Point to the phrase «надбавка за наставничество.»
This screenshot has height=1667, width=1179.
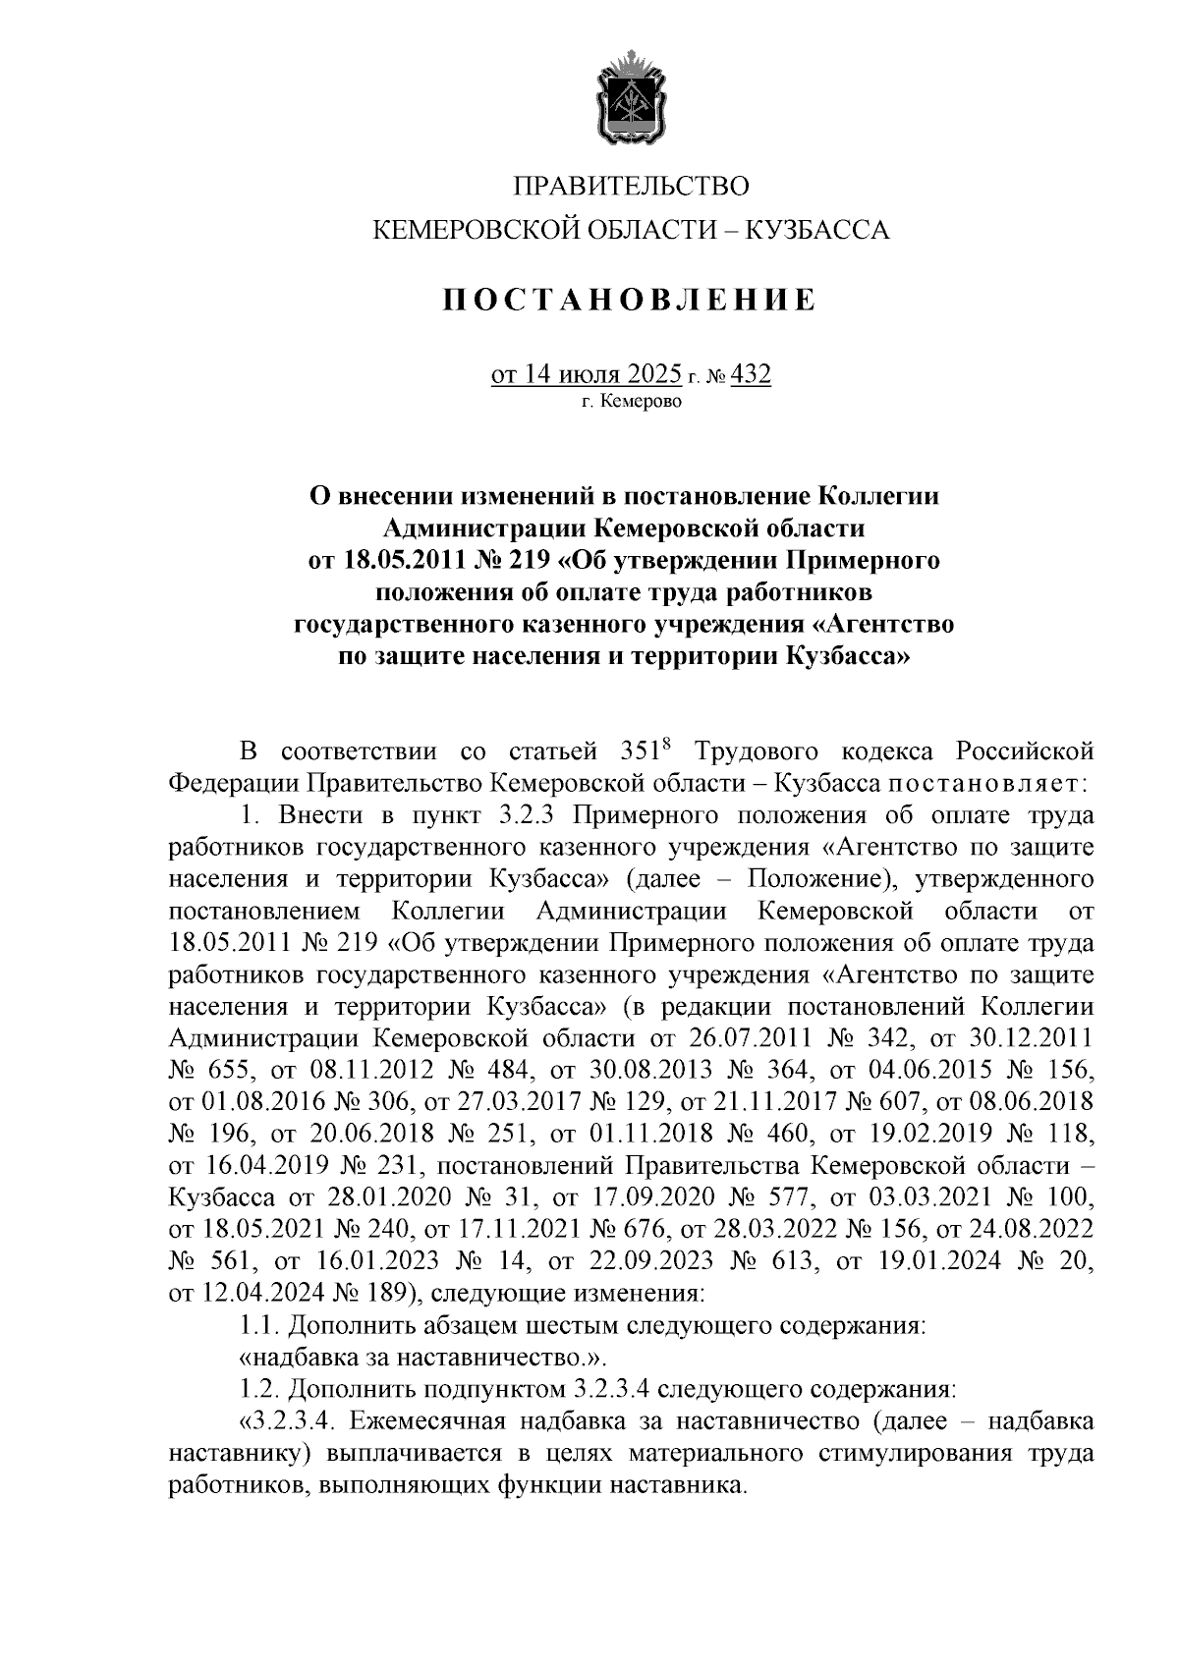pos(423,1358)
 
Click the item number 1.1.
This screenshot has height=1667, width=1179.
pos(259,1326)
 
